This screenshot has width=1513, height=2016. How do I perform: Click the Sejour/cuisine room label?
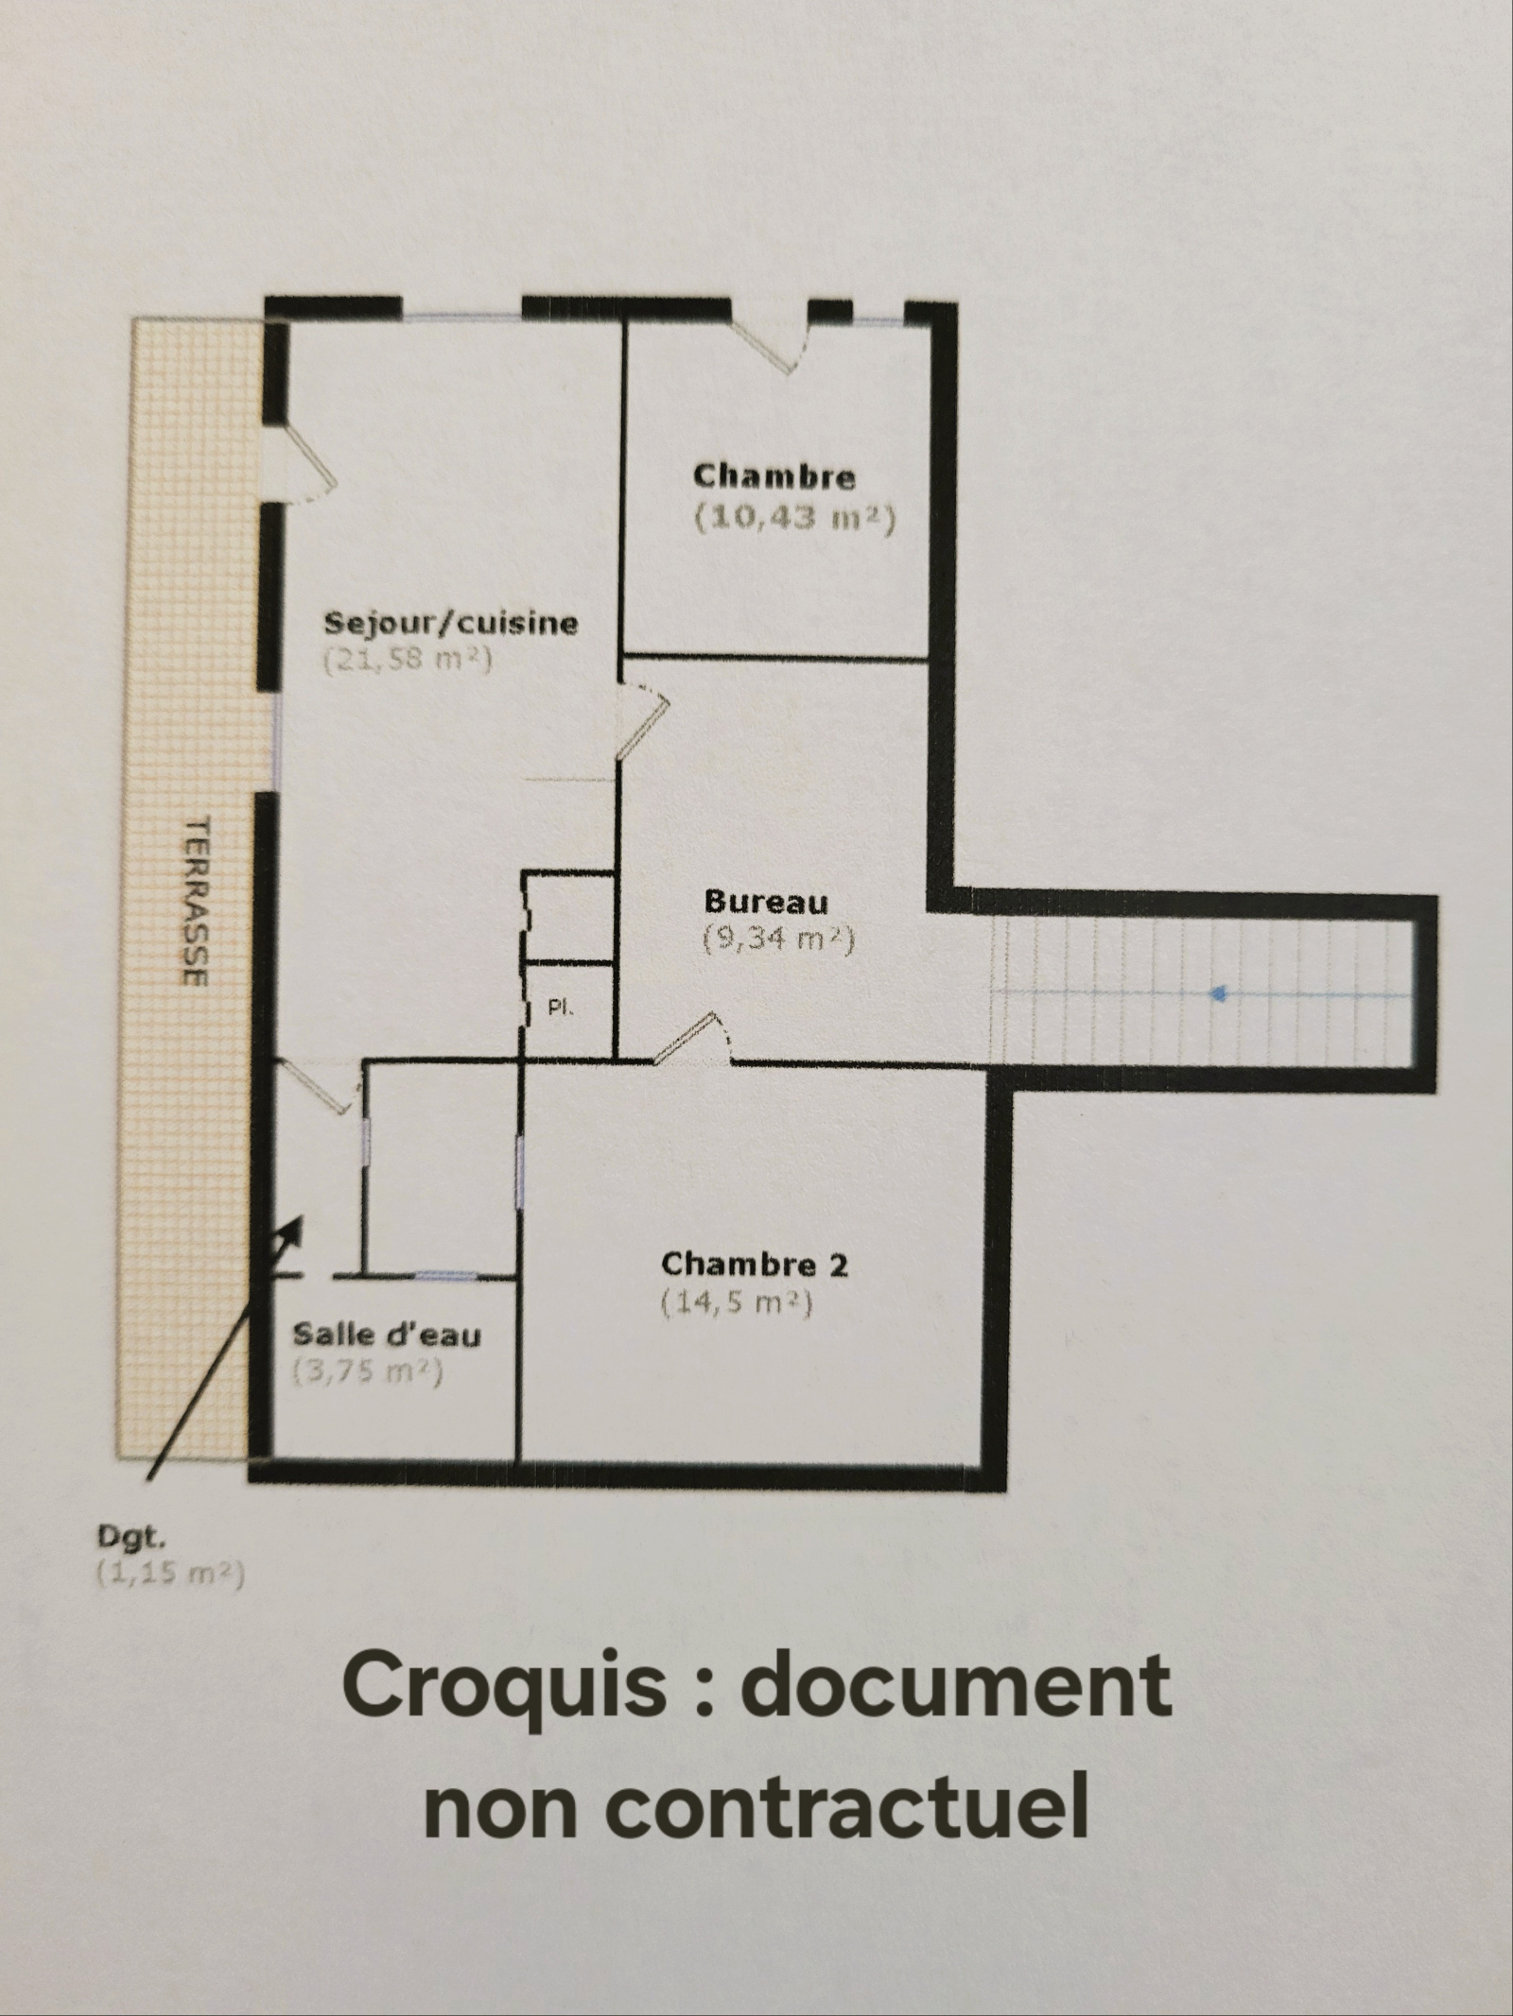(450, 624)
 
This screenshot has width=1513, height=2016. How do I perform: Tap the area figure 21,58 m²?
(409, 661)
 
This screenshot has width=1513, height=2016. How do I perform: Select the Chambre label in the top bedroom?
(774, 476)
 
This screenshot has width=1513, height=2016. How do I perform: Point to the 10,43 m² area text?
(794, 519)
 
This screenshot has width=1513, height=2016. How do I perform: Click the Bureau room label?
(767, 902)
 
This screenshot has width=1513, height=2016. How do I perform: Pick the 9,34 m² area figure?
(779, 939)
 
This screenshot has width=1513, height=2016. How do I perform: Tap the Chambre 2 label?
(755, 1264)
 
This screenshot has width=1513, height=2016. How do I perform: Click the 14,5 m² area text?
(737, 1302)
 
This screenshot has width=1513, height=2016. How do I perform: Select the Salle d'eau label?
(387, 1335)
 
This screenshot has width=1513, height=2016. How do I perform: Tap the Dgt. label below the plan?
(131, 1538)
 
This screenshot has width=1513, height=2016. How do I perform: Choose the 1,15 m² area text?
(170, 1576)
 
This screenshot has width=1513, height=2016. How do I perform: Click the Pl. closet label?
(562, 1009)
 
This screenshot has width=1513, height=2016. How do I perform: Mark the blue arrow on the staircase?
(1219, 993)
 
